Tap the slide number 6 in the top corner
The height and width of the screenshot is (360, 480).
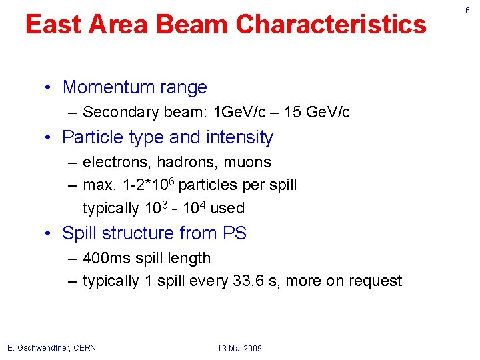coord(467,11)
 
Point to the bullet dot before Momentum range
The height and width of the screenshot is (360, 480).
coord(50,87)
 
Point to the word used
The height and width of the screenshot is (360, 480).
coord(227,208)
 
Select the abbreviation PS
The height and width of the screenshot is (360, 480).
coord(234,233)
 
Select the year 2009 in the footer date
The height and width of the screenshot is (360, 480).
coord(251,349)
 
